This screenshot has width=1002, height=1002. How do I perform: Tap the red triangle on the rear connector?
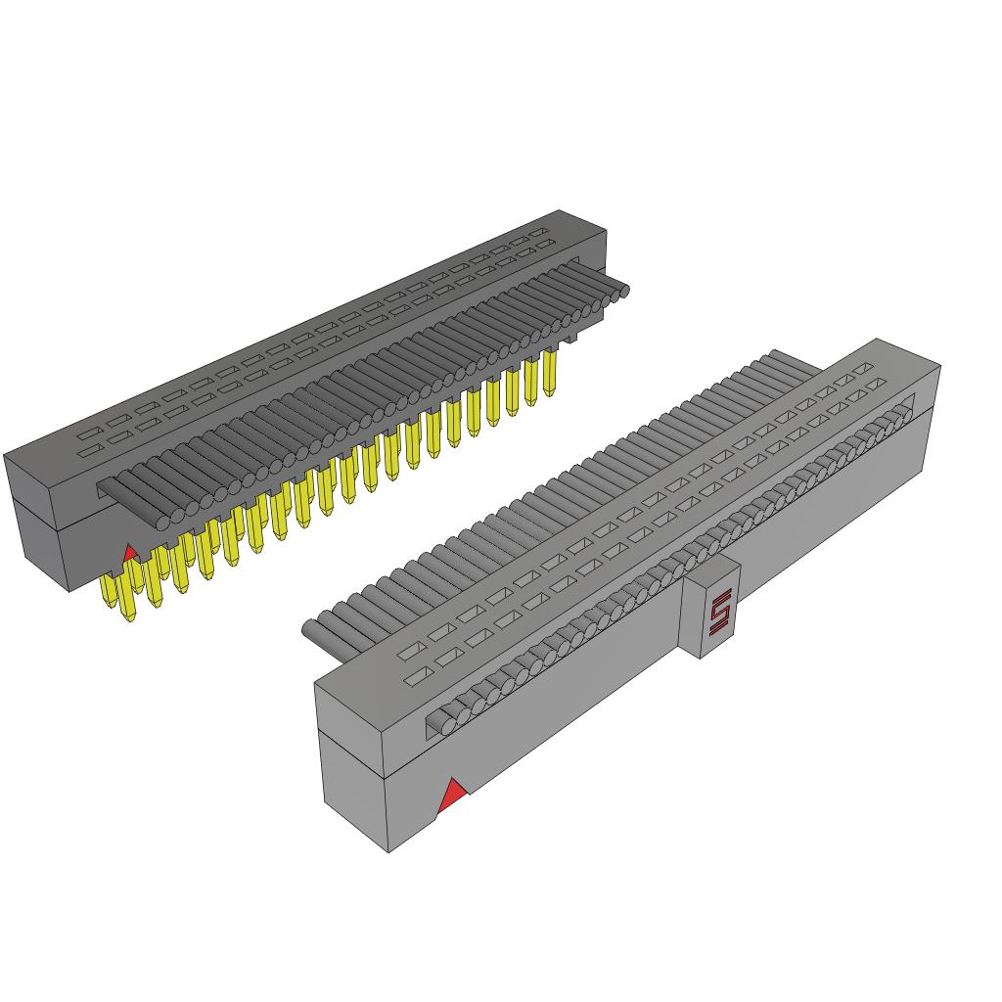128,554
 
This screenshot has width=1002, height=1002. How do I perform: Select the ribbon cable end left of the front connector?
311,630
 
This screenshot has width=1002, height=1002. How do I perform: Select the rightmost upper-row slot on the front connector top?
862,371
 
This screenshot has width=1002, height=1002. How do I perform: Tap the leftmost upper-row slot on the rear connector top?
90,432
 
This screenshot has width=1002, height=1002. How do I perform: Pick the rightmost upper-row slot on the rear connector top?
539,232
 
